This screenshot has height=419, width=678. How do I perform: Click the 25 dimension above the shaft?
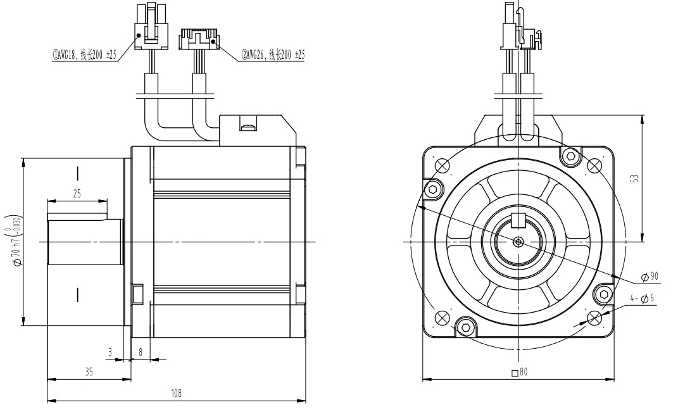tap(77, 194)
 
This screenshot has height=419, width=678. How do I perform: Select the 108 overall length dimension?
tap(176, 393)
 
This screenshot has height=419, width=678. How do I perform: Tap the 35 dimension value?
tap(89, 372)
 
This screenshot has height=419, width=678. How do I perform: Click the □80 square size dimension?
tap(519, 372)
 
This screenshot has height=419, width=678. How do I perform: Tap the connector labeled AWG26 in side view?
tap(199, 40)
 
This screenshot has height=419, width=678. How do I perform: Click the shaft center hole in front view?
tap(518, 241)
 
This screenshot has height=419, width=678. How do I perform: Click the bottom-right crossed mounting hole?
tap(594, 317)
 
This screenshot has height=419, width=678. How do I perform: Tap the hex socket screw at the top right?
tap(571, 155)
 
